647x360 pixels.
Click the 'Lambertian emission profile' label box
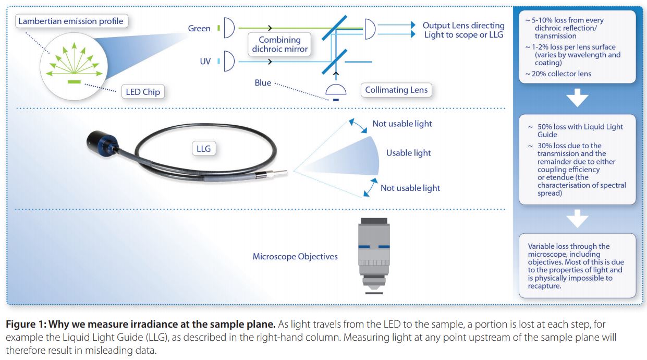tap(71, 21)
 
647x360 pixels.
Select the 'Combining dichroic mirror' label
tap(279, 44)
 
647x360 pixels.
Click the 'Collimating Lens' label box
tap(396, 90)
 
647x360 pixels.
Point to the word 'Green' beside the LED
tap(199, 29)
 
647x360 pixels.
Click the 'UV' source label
tap(205, 61)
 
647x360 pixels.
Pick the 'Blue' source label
tap(263, 83)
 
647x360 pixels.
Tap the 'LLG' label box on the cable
tap(204, 149)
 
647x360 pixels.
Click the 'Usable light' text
tap(408, 153)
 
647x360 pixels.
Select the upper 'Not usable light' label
tap(402, 124)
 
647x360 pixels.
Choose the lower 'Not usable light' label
tap(410, 188)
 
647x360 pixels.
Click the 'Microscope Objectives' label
tap(295, 257)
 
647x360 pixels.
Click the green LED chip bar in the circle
tap(74, 82)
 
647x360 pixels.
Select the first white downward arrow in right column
tap(577, 98)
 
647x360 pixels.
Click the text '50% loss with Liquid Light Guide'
tap(580, 130)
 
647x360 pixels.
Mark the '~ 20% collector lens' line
tap(558, 74)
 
